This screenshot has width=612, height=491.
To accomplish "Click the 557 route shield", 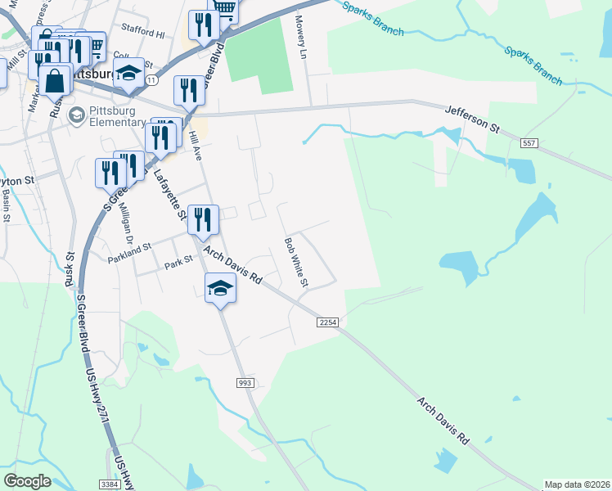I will pyautogui.click(x=528, y=143).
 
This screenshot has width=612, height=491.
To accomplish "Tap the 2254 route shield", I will pyautogui.click(x=328, y=323).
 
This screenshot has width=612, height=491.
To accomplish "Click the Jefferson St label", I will pyautogui.click(x=472, y=119).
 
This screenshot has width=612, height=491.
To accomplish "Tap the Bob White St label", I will pyautogui.click(x=295, y=262).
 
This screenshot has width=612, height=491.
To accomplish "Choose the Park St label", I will pyautogui.click(x=178, y=264).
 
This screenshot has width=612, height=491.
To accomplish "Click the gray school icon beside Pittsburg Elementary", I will pyautogui.click(x=77, y=115).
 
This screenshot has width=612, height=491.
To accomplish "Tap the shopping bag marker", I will pyautogui.click(x=55, y=81).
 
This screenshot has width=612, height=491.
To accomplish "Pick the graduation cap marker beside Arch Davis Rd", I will pyautogui.click(x=220, y=288).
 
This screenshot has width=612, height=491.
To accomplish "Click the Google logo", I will pyautogui.click(x=28, y=481).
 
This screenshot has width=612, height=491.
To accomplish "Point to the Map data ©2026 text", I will pyautogui.click(x=577, y=484).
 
